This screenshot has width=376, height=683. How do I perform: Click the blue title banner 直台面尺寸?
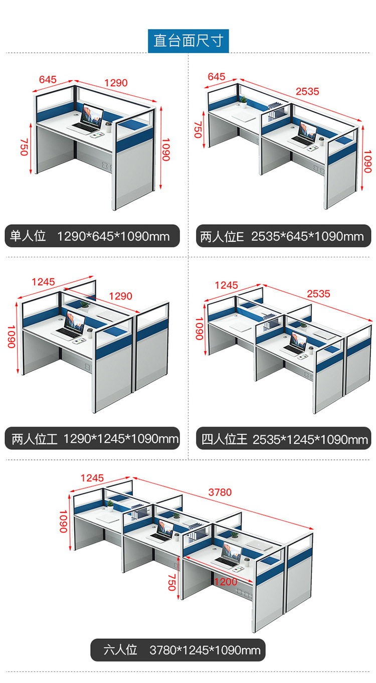click(x=188, y=41)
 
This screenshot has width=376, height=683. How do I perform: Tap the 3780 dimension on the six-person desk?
click(x=220, y=492)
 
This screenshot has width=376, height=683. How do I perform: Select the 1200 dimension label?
click(x=226, y=582)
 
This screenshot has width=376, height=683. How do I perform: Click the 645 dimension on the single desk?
click(x=48, y=79)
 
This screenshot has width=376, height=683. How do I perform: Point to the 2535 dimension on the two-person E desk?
click(x=307, y=91)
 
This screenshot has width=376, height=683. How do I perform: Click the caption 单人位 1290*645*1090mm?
click(x=92, y=236)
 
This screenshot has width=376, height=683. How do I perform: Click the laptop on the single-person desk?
click(x=89, y=119)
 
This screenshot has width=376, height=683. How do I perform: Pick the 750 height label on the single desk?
click(x=24, y=147)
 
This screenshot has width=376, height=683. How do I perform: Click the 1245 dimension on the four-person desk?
click(x=226, y=285)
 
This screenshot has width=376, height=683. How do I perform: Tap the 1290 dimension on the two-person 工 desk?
click(x=121, y=296)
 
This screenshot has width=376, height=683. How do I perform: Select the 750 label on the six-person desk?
click(x=172, y=582)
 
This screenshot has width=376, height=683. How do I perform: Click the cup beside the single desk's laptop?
click(x=109, y=127)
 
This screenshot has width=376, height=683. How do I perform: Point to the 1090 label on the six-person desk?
click(x=64, y=522)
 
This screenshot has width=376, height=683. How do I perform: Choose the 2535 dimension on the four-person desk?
click(x=318, y=294)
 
